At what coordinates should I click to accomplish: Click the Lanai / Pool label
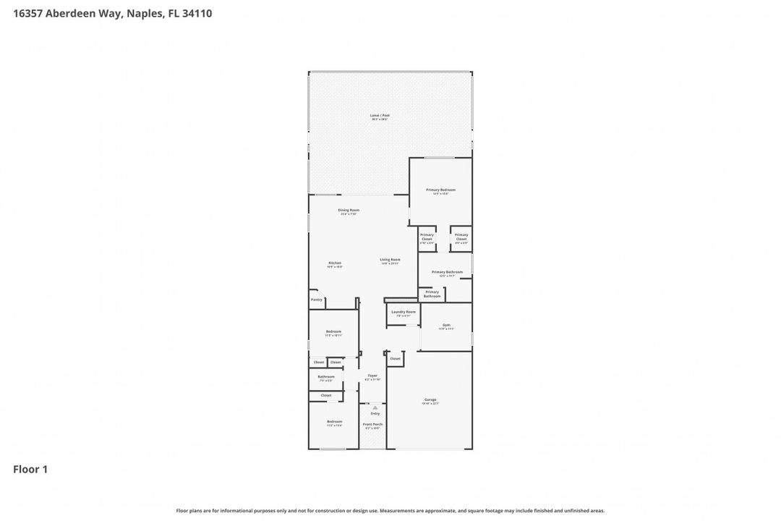tap(380, 115)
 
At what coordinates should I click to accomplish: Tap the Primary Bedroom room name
tap(440, 190)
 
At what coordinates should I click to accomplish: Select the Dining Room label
tap(349, 210)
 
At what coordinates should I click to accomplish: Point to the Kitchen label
tap(335, 263)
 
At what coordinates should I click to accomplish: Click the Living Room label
tap(390, 259)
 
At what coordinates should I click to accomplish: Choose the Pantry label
tap(316, 300)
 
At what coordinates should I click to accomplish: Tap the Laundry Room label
tap(404, 312)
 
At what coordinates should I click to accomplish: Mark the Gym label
tap(446, 325)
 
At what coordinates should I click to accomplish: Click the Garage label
tap(430, 399)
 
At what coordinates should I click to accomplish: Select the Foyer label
tap(372, 376)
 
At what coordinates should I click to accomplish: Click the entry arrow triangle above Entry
tap(375, 407)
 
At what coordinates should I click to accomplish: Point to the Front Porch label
tap(373, 424)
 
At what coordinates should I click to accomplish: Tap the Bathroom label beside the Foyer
tap(326, 376)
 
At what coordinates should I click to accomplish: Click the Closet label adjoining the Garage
tap(395, 358)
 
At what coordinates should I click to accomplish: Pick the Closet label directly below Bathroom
tap(326, 395)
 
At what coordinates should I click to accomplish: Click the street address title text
tap(112, 13)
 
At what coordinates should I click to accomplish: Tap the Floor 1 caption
tap(30, 470)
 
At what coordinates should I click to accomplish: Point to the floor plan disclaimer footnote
tap(390, 510)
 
